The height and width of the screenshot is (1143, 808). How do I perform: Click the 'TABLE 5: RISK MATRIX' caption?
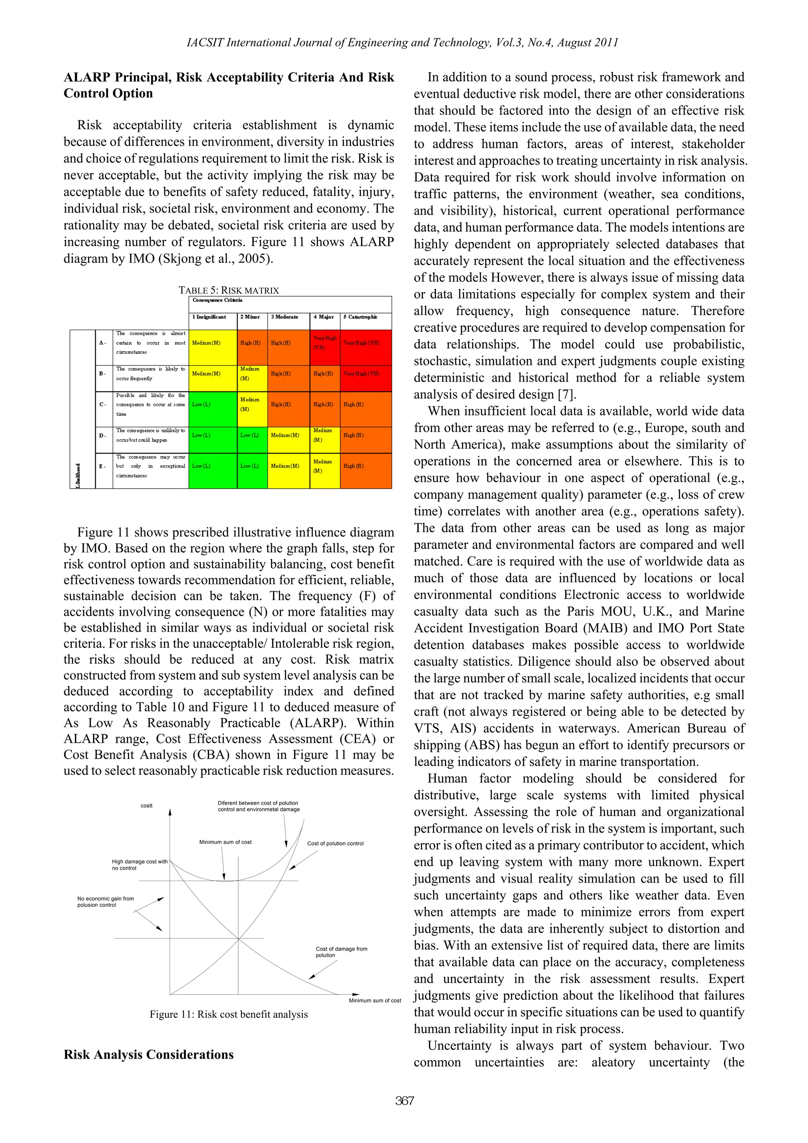pos(228,290)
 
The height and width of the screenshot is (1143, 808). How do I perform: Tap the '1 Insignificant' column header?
pos(209,317)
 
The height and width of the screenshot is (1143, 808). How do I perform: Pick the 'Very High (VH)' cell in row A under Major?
pos(325,342)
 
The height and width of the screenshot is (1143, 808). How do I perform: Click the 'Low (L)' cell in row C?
pos(201,404)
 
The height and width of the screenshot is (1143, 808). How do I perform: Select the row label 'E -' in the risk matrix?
pos(102,466)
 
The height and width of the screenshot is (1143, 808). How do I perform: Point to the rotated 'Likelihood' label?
pos(78,475)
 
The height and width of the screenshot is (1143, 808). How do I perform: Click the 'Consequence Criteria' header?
pos(217,300)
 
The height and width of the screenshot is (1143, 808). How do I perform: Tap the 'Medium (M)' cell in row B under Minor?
pos(249,373)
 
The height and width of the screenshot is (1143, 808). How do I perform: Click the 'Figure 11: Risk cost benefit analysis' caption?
pos(228,1014)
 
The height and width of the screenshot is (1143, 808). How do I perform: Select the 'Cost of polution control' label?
pos(335,843)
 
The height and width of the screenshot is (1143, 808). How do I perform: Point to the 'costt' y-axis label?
pos(146,806)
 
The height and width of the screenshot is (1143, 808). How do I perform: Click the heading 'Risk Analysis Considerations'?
pos(148,1054)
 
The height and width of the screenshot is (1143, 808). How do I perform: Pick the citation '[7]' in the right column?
pos(566,395)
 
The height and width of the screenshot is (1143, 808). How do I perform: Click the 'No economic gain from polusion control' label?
pos(105,902)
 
